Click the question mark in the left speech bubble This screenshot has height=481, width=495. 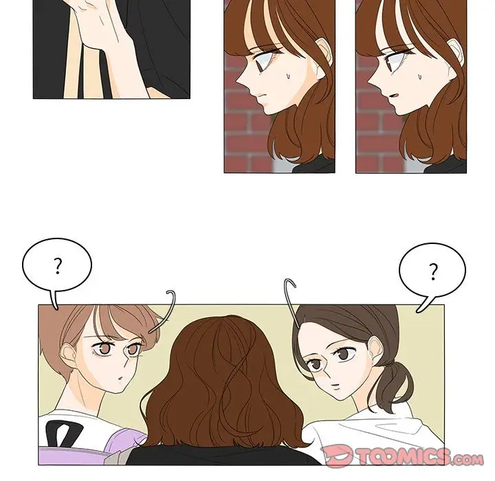[58, 266]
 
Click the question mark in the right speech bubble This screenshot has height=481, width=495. [433, 271]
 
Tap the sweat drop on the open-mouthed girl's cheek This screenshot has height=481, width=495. [419, 76]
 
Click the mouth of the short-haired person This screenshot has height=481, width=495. [120, 377]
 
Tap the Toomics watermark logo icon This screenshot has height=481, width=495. [336, 456]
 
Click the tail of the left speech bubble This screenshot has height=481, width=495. [54, 300]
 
